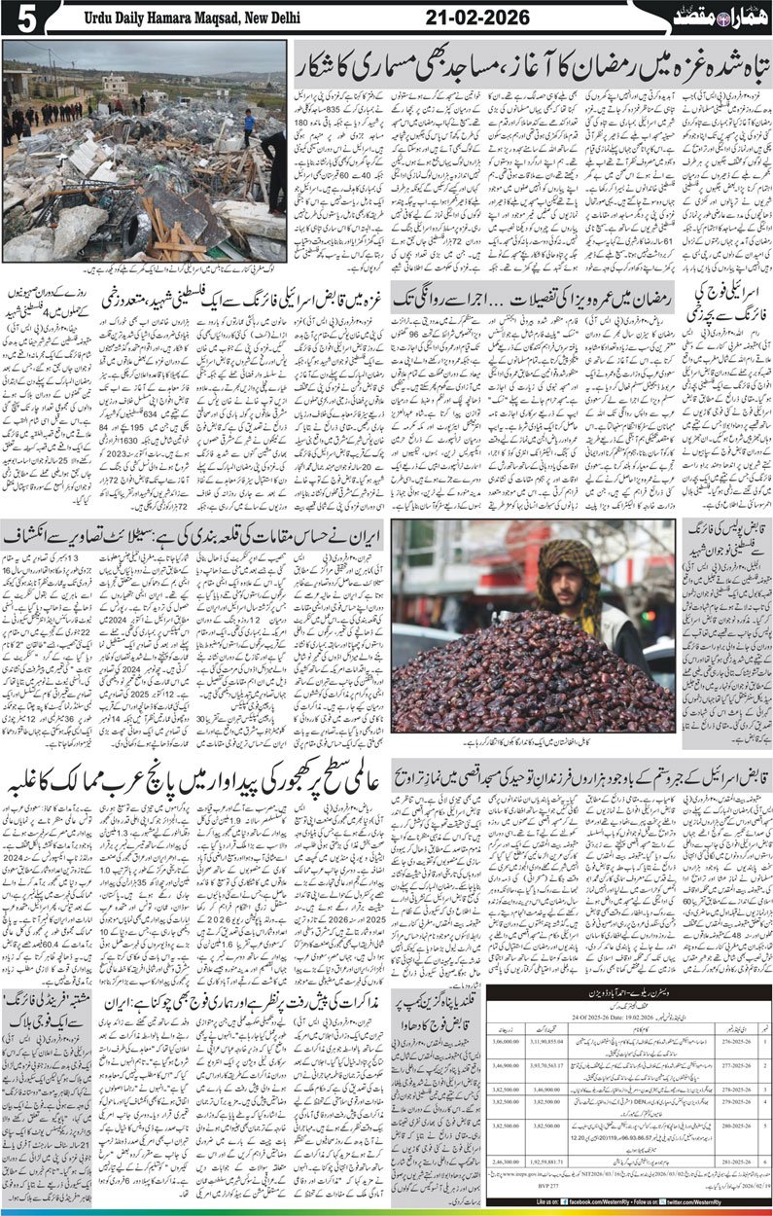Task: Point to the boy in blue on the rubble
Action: (249, 124)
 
